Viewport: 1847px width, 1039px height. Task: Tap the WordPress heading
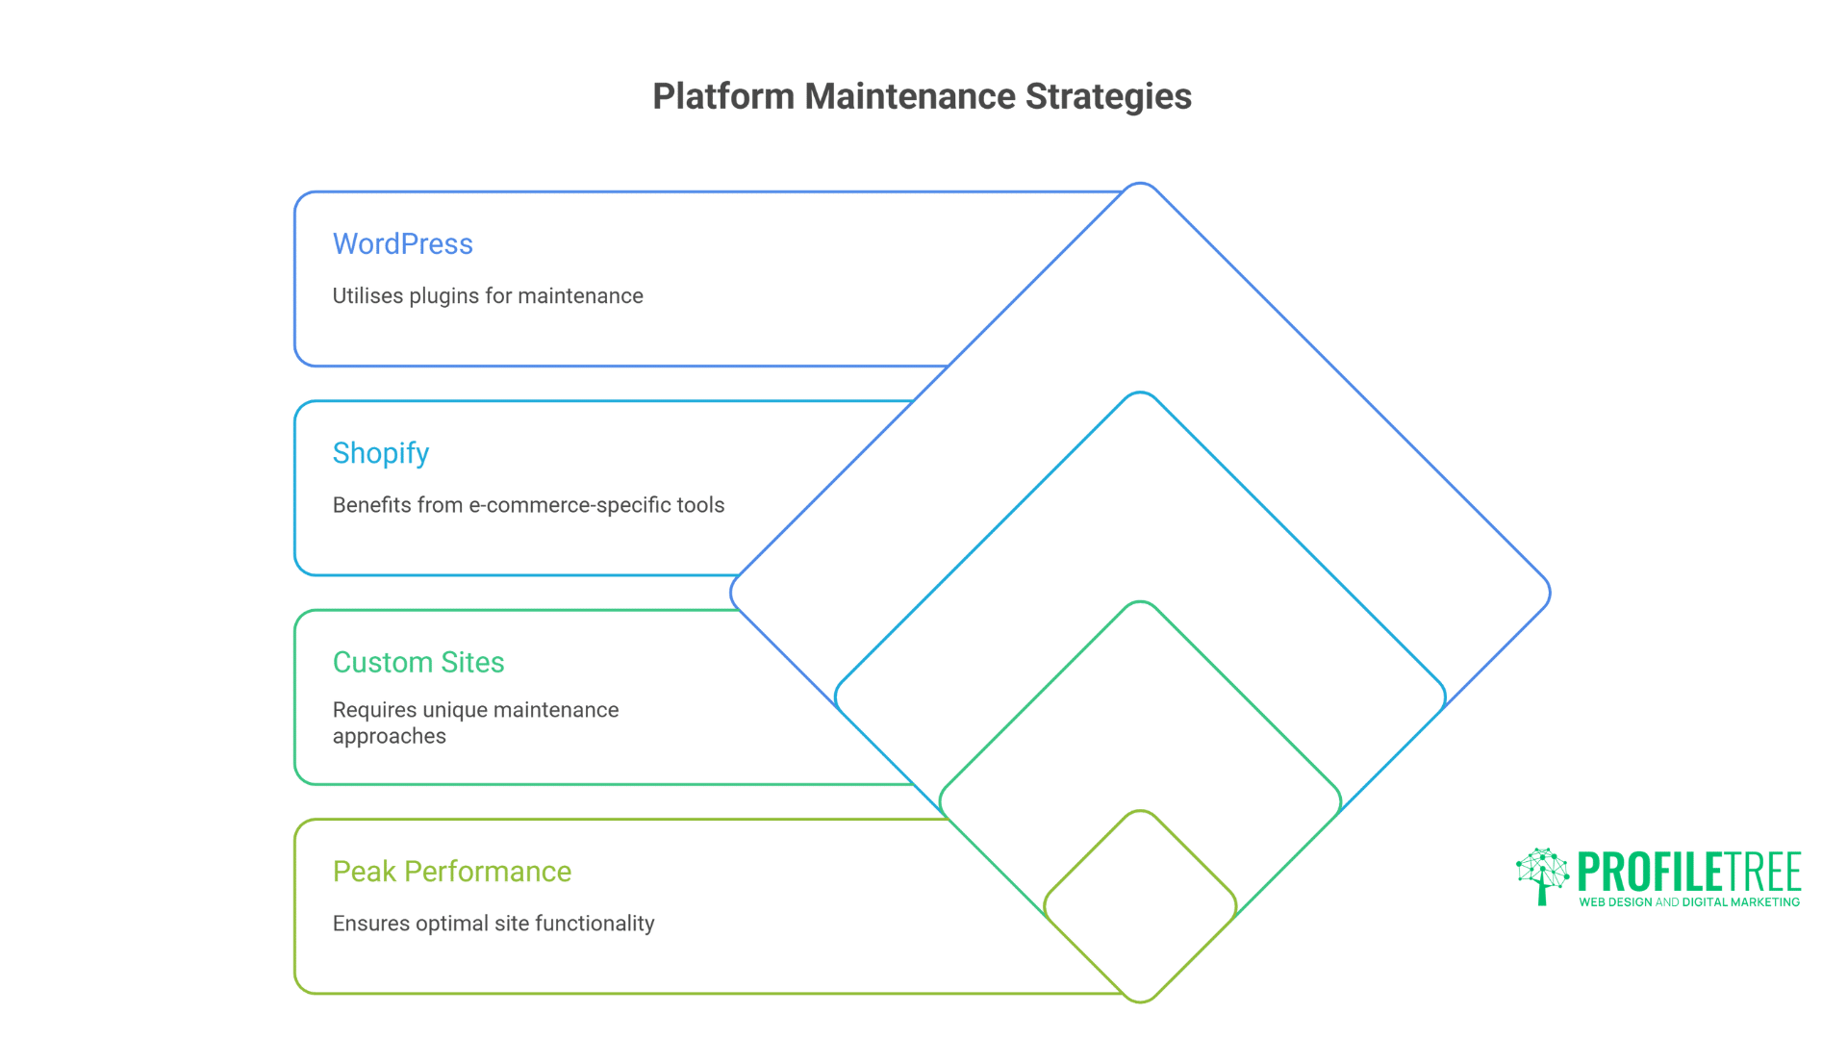click(402, 244)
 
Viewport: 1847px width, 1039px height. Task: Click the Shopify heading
click(380, 453)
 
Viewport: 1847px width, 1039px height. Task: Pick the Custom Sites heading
click(417, 663)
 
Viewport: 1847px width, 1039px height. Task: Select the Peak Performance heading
click(451, 872)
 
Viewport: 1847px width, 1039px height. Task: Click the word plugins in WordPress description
click(443, 296)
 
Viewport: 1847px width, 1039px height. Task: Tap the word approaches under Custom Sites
click(389, 737)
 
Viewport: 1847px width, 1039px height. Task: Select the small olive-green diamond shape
click(1140, 906)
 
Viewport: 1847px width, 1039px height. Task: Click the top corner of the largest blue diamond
click(1140, 185)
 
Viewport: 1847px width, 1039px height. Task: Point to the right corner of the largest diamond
click(1547, 593)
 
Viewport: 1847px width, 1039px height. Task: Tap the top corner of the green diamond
click(1140, 604)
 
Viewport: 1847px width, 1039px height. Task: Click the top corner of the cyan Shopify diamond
click(1140, 394)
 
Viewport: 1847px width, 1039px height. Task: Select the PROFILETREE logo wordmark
click(1688, 872)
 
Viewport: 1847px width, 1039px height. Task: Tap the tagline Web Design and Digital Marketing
click(1688, 902)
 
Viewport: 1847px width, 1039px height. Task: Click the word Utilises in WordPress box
click(367, 296)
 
